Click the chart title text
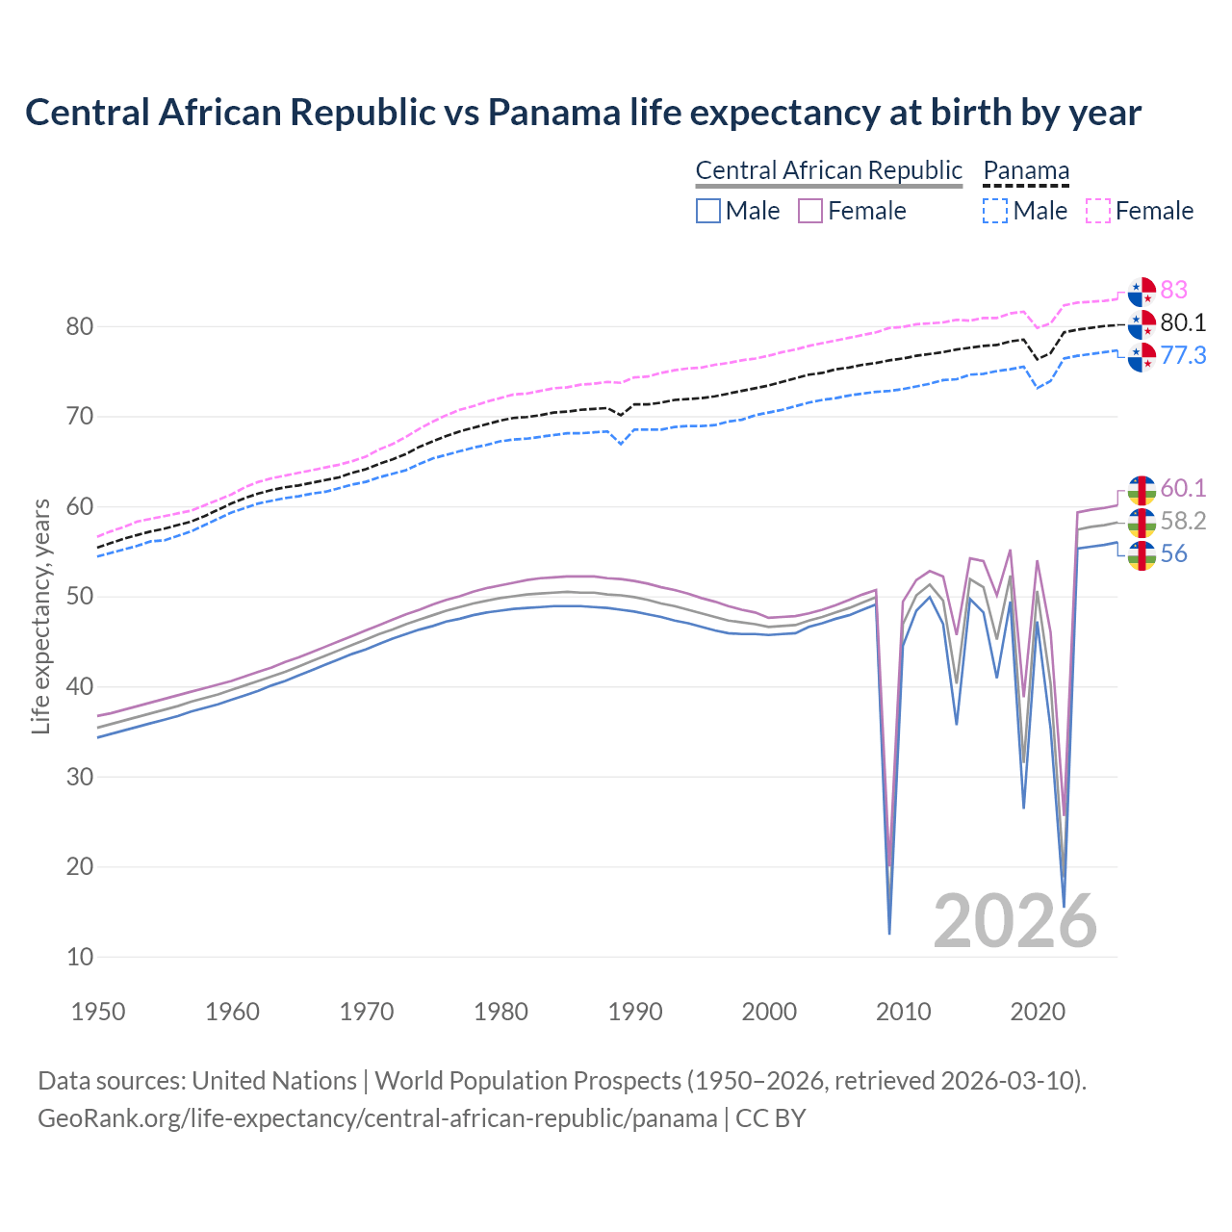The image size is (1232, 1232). pyautogui.click(x=582, y=113)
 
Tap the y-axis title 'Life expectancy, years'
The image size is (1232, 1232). pyautogui.click(x=40, y=616)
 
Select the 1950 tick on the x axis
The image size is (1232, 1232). pyautogui.click(x=98, y=1012)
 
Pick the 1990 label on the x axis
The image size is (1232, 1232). pyautogui.click(x=635, y=1012)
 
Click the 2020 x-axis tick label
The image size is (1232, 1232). pyautogui.click(x=1038, y=1012)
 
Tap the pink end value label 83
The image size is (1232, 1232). pyautogui.click(x=1173, y=290)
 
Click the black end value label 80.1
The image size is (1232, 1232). pyautogui.click(x=1183, y=322)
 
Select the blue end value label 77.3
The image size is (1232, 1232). pyautogui.click(x=1183, y=355)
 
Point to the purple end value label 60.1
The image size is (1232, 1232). pyautogui.click(x=1183, y=488)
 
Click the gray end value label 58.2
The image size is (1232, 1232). pyautogui.click(x=1183, y=521)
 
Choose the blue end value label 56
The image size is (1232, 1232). pyautogui.click(x=1173, y=553)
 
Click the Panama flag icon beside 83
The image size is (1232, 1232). pyautogui.click(x=1142, y=290)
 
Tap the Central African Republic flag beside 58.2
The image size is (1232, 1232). pyautogui.click(x=1142, y=522)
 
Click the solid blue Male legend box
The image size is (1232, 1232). pyautogui.click(x=708, y=211)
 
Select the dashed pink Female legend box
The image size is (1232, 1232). pyautogui.click(x=1098, y=211)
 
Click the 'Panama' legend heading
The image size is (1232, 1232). pyautogui.click(x=1026, y=170)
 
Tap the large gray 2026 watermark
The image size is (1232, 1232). pyautogui.click(x=1015, y=921)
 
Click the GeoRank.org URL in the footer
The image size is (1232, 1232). pyautogui.click(x=377, y=1118)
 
